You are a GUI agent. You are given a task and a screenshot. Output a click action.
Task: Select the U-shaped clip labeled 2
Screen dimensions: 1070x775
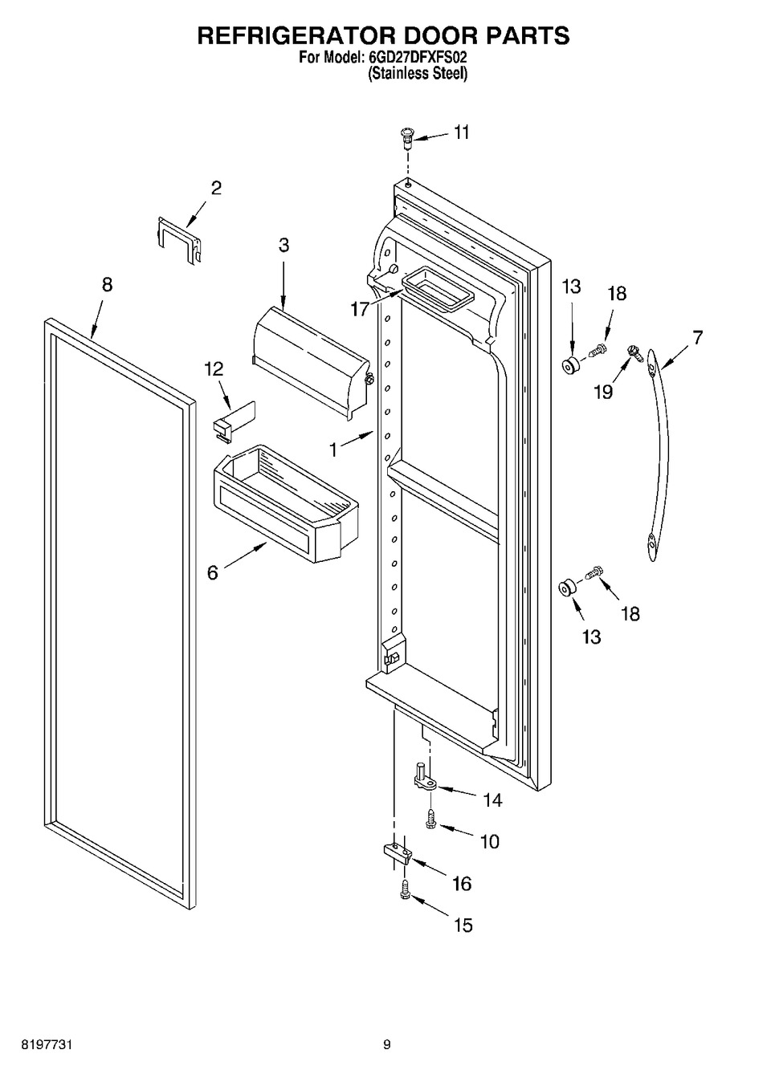coord(177,238)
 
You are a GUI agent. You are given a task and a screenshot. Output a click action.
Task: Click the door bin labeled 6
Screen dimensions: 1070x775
coord(285,502)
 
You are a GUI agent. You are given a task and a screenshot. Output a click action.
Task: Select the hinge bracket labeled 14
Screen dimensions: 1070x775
coord(424,779)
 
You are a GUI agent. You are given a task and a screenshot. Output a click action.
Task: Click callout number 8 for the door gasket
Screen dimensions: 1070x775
coord(107,284)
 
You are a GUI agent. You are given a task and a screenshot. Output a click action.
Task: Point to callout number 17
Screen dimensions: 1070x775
coord(360,307)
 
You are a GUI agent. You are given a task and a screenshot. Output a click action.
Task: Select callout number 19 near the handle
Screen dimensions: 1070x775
coord(602,391)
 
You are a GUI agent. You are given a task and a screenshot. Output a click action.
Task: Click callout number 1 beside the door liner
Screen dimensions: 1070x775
coord(333,450)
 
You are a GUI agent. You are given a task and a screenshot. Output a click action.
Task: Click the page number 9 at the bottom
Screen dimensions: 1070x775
coord(386,1045)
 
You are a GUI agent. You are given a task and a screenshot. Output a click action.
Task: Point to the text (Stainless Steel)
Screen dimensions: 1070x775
coord(418,73)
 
